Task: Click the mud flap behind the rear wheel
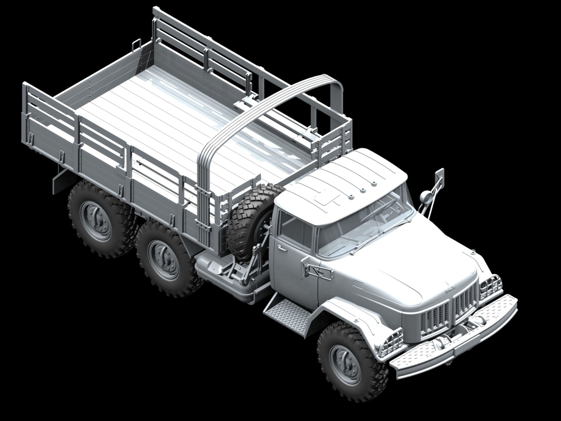tap(59, 177)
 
